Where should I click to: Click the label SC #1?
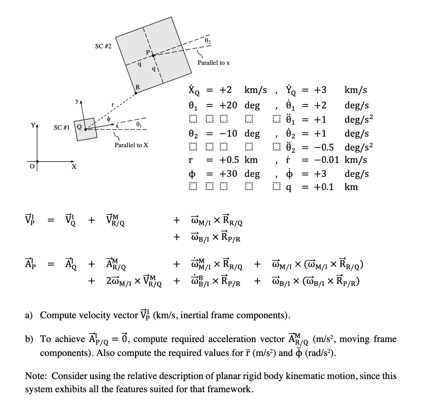(62, 127)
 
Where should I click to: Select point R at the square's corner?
(136, 93)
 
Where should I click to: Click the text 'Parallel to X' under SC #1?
(131, 145)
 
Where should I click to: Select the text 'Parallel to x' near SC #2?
(213, 63)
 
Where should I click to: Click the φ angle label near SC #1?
(108, 119)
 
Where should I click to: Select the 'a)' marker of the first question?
(29, 315)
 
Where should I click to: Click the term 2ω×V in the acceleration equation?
(134, 282)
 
